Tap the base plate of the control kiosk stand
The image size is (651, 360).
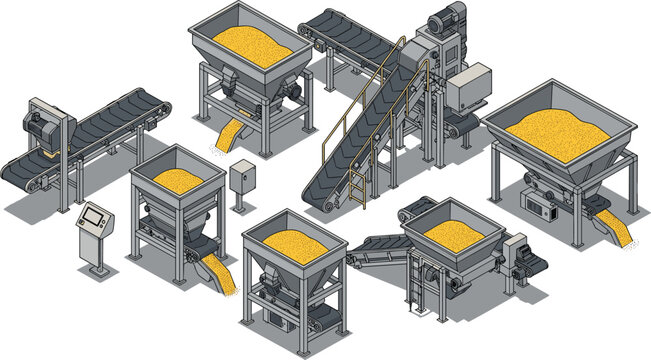click(x=97, y=271)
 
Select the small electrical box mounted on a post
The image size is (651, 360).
click(x=241, y=178)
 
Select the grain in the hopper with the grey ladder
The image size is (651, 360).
click(x=452, y=233)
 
